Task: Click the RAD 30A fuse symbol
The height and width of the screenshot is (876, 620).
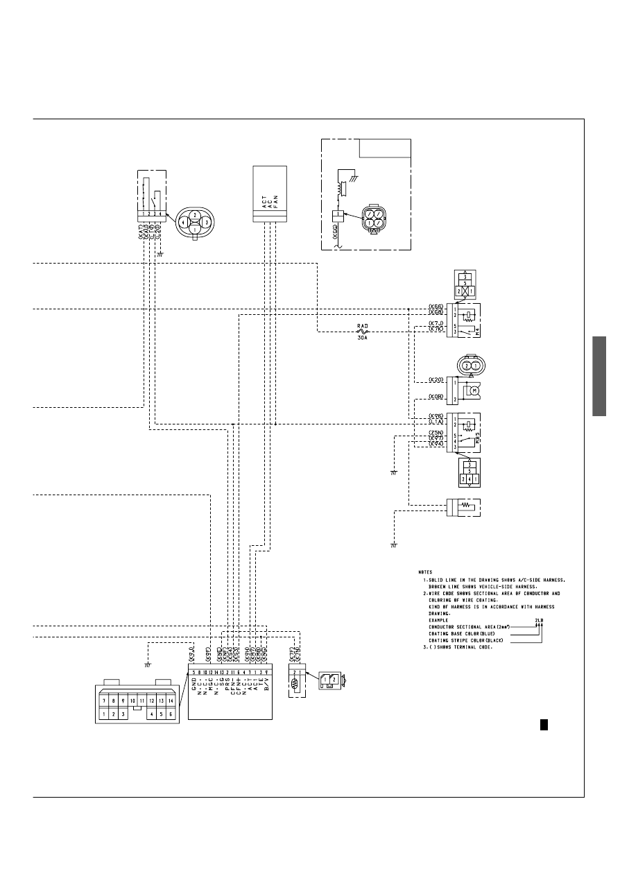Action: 361,332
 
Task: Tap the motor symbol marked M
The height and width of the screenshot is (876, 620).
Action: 475,390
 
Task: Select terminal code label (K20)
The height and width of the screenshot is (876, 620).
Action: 436,381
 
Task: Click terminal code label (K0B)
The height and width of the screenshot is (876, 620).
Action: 436,397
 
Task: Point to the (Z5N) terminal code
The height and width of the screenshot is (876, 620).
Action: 436,433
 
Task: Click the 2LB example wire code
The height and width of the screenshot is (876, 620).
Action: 539,620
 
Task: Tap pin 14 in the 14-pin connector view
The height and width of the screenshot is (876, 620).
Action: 170,701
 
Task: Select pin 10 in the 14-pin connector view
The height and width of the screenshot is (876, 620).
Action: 132,701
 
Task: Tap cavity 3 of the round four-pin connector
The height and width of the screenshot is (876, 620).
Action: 206,223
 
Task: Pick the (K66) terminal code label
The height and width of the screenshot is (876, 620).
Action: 436,307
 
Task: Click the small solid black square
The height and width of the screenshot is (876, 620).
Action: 544,724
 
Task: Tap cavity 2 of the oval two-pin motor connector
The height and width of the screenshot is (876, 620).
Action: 467,366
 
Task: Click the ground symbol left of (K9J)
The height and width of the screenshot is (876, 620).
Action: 147,664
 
